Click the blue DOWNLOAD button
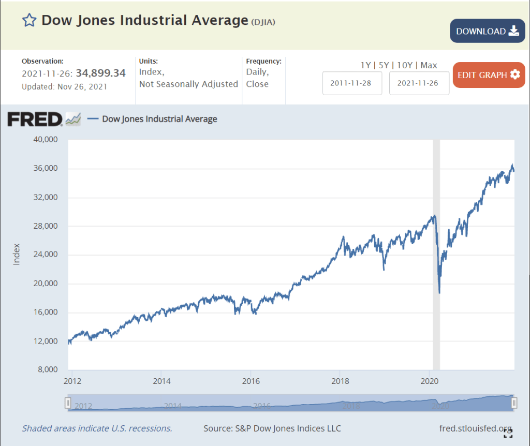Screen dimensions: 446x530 tap(487, 31)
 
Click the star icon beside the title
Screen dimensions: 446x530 tap(29, 21)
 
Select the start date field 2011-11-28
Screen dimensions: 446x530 tap(352, 83)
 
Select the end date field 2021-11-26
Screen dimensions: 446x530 tap(419, 83)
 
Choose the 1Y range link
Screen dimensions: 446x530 tap(366, 65)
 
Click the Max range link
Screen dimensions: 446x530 tap(429, 65)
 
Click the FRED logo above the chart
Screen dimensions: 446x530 tap(35, 119)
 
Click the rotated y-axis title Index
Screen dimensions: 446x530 tap(16, 254)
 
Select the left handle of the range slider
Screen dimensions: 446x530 tap(68, 403)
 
